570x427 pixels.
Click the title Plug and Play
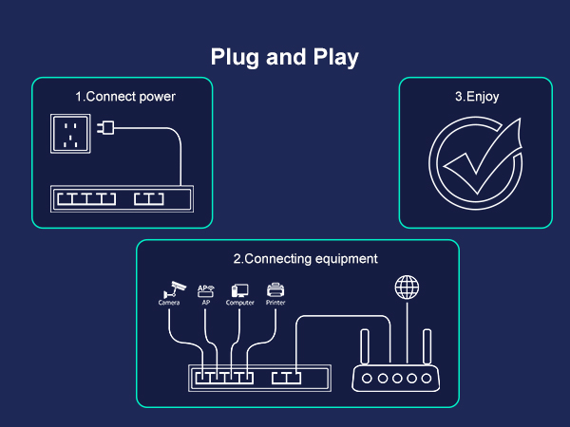[285, 57]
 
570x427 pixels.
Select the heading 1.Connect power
[125, 97]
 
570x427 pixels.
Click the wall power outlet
[72, 133]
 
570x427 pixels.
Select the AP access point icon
[206, 289]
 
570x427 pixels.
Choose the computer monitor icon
[240, 289]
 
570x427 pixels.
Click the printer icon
[275, 289]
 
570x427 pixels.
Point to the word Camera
[169, 304]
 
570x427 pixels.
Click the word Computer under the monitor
[240, 304]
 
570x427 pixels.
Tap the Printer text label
[275, 304]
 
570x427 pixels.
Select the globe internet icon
[406, 288]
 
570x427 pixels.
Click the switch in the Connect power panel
[122, 200]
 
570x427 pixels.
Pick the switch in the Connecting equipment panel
[260, 379]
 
